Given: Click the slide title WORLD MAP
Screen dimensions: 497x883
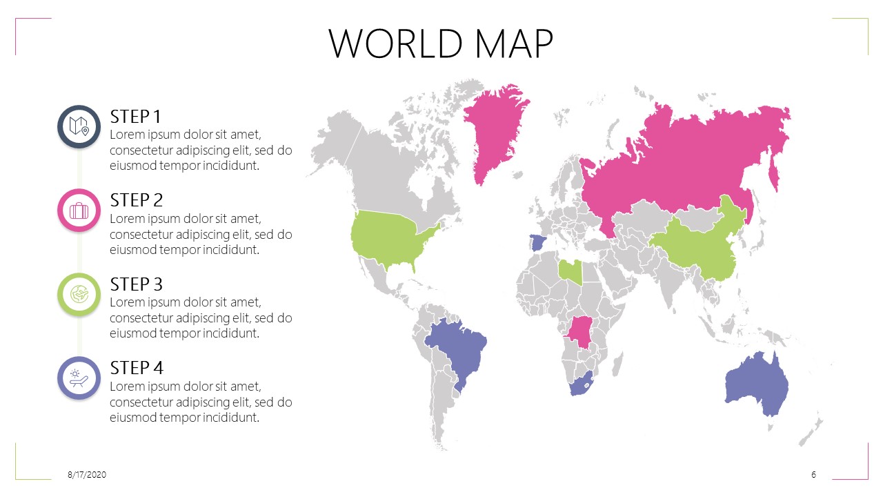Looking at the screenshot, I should tap(441, 43).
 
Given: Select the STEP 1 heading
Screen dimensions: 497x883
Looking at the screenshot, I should tap(135, 116).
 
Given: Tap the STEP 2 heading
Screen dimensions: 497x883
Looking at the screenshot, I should tap(137, 200).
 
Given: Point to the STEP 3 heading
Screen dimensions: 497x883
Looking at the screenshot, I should tap(137, 284).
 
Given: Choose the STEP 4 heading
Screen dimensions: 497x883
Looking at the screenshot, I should tap(137, 367).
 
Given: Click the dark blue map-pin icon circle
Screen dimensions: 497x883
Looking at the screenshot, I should tap(79, 127).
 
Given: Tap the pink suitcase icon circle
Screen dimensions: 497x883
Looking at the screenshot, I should tap(79, 211).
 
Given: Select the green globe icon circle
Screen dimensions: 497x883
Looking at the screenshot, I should tap(79, 295).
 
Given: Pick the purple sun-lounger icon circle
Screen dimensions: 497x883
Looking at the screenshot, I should tap(79, 378).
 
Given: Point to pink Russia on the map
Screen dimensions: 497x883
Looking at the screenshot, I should tap(690, 159).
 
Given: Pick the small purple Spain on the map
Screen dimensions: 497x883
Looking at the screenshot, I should tap(537, 242).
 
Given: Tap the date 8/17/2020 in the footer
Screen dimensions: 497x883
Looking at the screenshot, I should tap(87, 475).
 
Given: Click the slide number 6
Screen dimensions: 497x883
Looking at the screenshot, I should tap(814, 475).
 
